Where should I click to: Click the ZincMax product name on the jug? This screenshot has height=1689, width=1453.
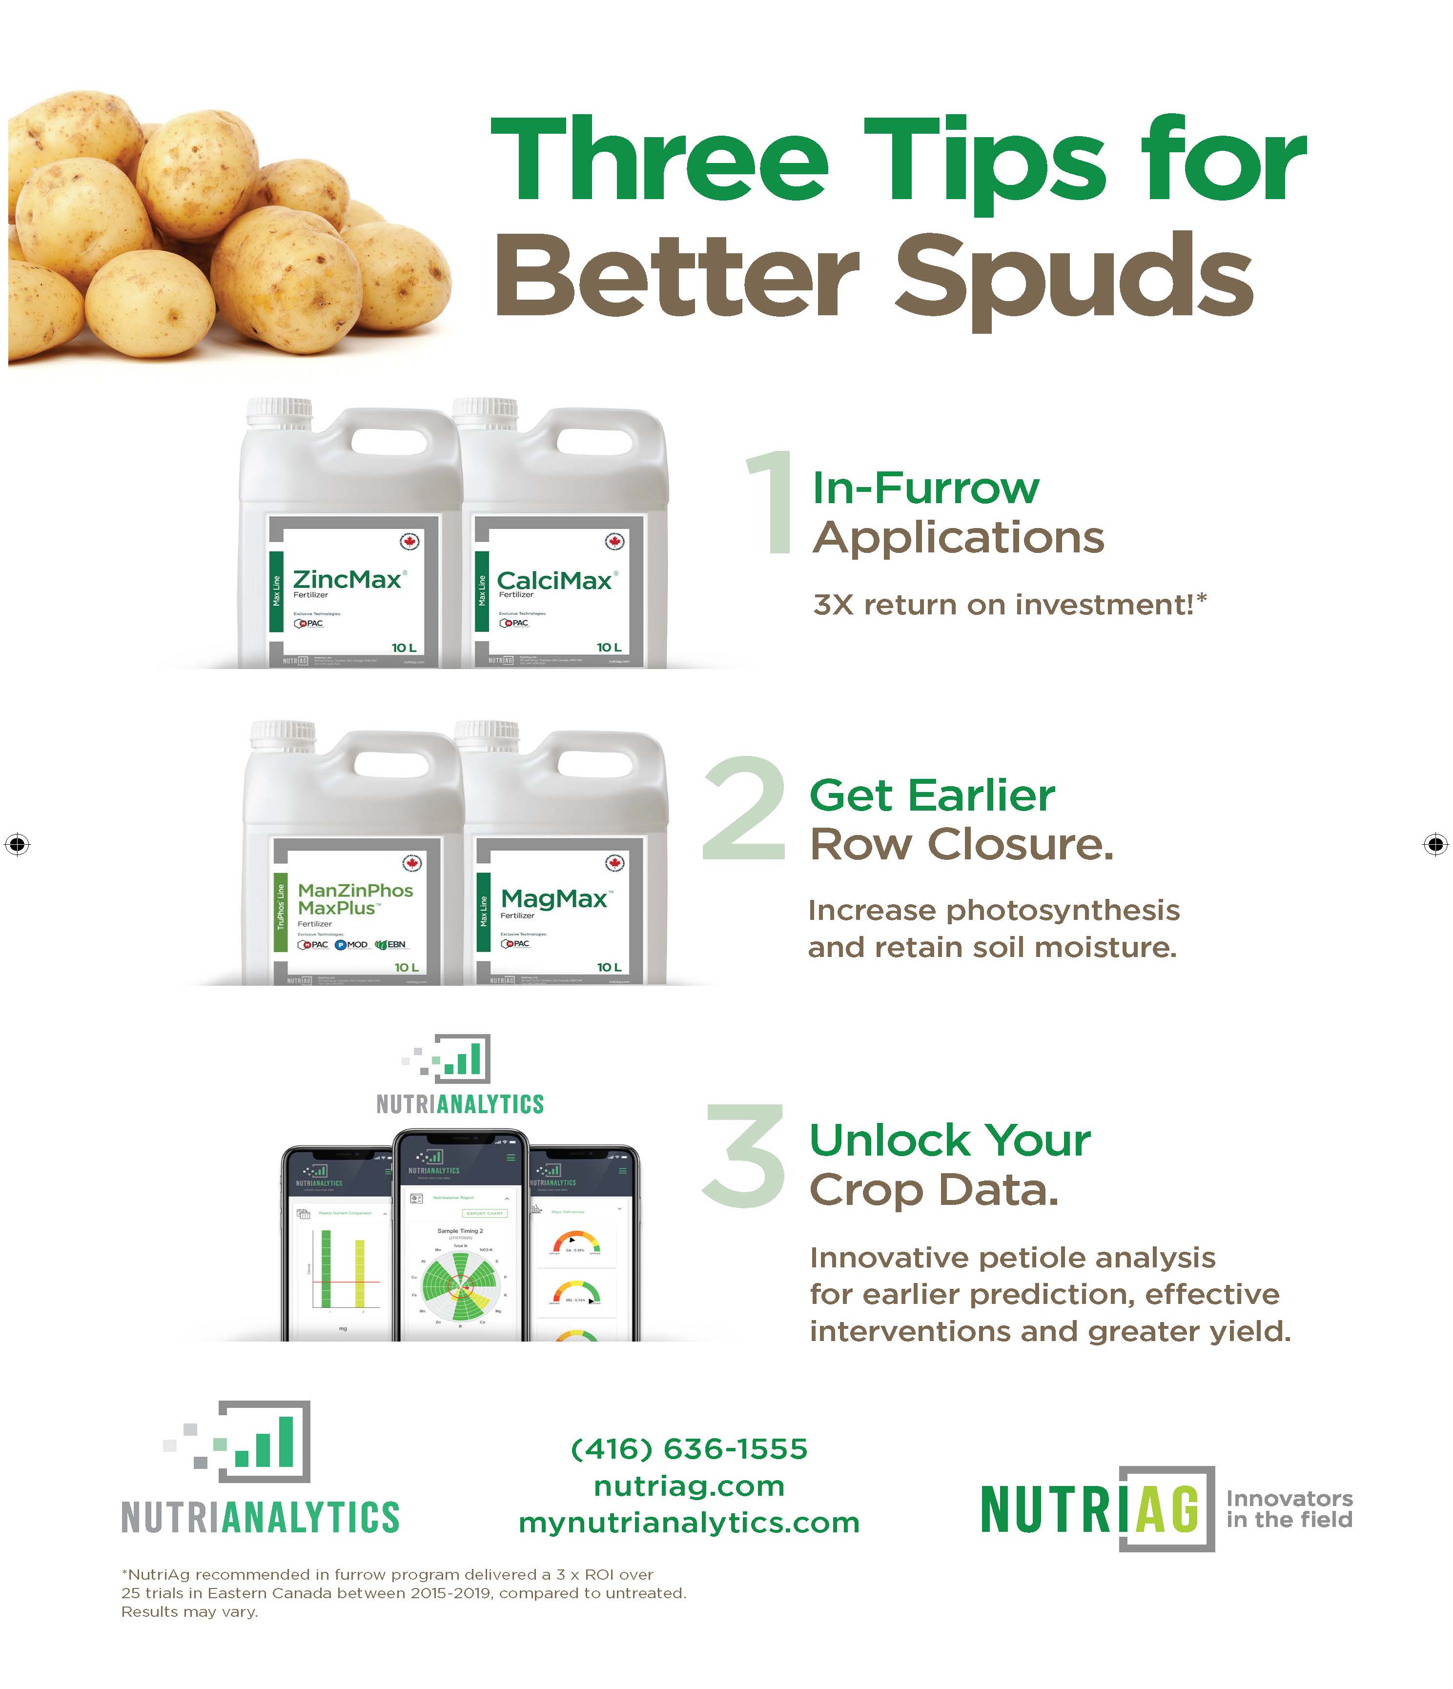tap(347, 580)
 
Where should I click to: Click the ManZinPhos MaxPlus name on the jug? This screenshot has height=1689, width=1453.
tap(355, 899)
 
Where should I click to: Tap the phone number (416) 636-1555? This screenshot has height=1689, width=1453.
tap(689, 1448)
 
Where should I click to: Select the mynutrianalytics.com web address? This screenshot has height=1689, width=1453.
tap(689, 1522)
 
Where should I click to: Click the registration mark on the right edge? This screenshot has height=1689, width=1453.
tap(1435, 844)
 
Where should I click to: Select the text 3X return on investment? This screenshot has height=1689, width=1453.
tap(1009, 605)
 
